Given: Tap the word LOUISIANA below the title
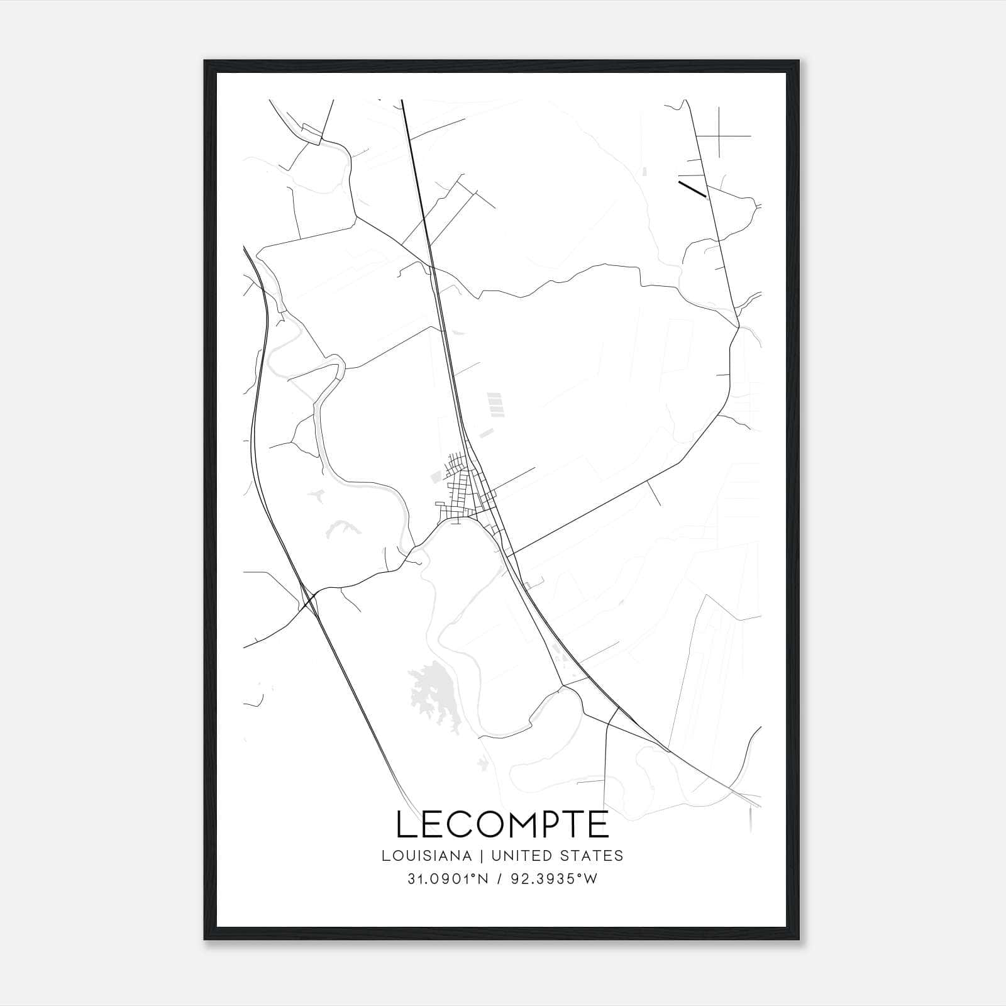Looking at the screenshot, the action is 426,856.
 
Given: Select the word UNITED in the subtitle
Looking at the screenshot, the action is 515,856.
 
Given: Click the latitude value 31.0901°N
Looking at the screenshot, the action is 447,880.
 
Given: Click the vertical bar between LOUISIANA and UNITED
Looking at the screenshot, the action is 482,856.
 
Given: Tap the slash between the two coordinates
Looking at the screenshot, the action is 499,880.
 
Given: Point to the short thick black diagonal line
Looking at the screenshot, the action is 692,189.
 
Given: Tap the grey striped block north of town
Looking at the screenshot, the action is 496,404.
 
